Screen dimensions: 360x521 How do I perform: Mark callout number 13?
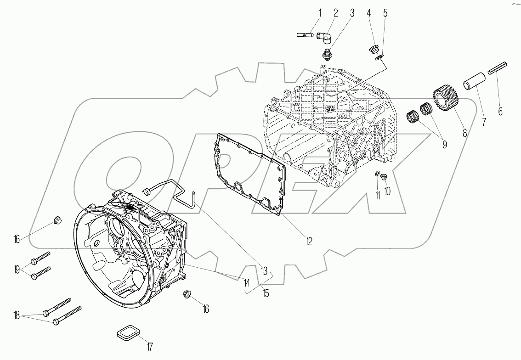[x=264, y=271]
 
